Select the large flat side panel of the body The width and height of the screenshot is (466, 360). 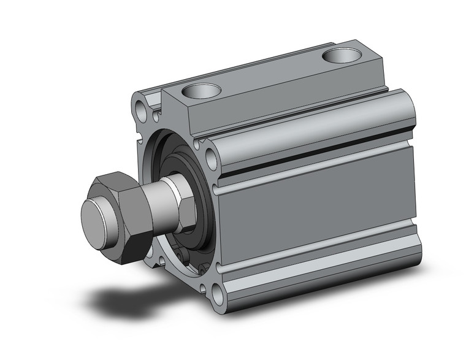[x=319, y=212]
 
